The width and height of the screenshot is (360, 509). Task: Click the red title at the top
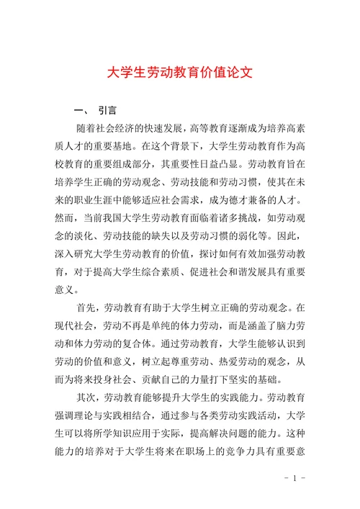[x=180, y=73]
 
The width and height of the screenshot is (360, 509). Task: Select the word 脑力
[x=278, y=325]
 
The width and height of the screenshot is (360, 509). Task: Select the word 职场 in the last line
[x=184, y=451]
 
